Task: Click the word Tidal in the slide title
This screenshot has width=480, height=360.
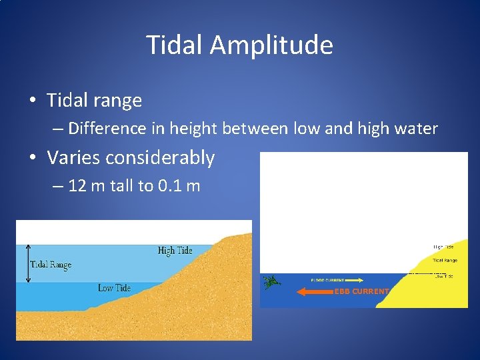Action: [x=175, y=45]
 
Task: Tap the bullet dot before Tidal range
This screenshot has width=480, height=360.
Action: [x=33, y=101]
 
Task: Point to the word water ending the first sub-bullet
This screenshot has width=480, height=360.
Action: [x=417, y=128]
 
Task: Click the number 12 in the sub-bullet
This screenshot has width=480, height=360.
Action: [x=77, y=185]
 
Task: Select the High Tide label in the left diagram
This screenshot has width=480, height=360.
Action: [x=175, y=251]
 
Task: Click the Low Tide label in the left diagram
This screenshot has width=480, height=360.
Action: [x=114, y=288]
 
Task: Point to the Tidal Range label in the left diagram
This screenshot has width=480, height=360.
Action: [x=51, y=265]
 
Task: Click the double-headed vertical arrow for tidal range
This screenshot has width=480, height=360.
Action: [x=27, y=263]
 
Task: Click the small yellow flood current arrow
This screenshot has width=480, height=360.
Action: [x=354, y=281]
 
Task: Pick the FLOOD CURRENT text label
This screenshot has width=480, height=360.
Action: [x=327, y=281]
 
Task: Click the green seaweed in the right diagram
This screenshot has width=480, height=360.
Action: [x=271, y=282]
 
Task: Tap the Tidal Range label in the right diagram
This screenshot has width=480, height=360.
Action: [x=445, y=260]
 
